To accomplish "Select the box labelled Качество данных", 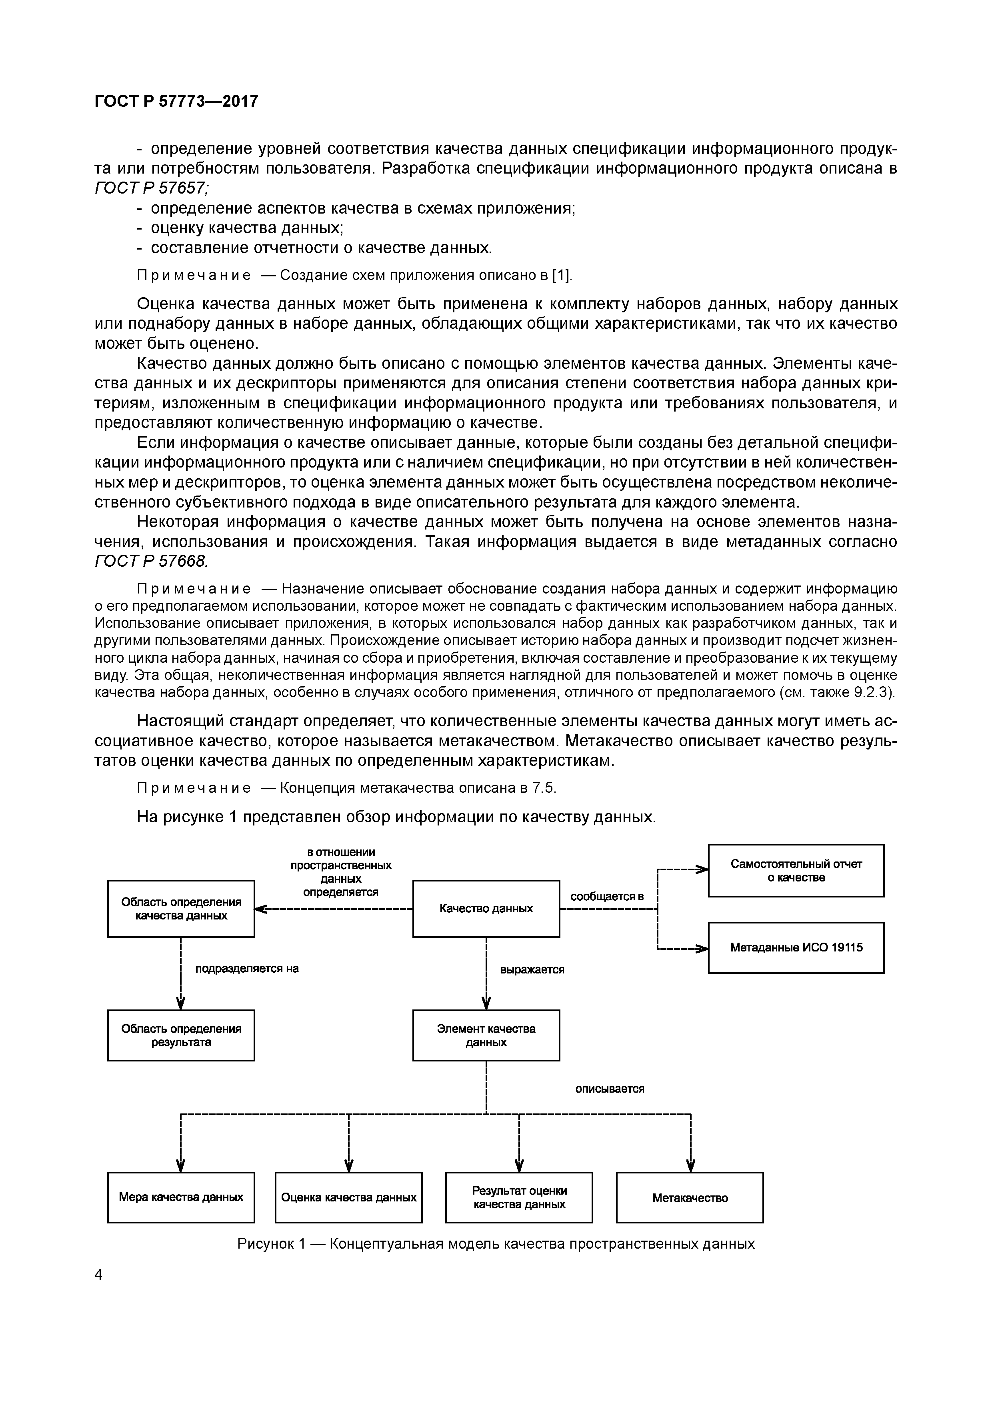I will click(x=486, y=909).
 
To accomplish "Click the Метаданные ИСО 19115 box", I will click(x=796, y=948).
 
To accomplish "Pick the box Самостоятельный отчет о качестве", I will click(x=796, y=871).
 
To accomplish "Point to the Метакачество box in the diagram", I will click(x=690, y=1198).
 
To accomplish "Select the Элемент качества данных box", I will click(x=486, y=1035).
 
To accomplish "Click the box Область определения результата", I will click(x=181, y=1035).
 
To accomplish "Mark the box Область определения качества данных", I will click(x=181, y=909).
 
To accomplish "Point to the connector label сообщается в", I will click(x=607, y=896).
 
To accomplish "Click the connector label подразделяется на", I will click(x=247, y=969).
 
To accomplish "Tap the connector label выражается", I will click(x=532, y=970).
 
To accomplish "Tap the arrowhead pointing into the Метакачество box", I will click(x=691, y=1165).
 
